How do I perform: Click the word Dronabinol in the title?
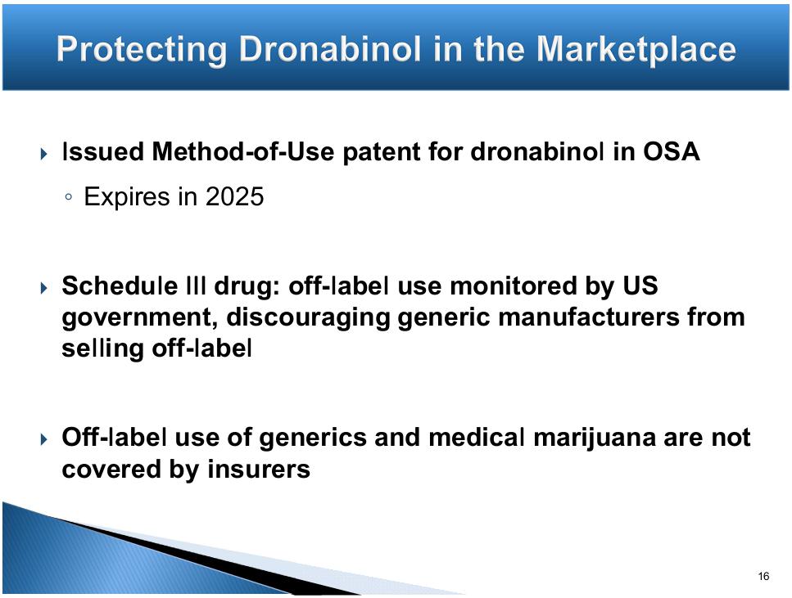click(330, 49)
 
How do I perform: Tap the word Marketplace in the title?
click(636, 50)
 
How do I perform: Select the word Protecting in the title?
click(142, 51)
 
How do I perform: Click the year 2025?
click(234, 196)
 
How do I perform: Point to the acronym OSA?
click(671, 151)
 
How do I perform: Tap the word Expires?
click(127, 197)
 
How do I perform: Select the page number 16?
click(763, 576)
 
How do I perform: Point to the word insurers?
click(259, 470)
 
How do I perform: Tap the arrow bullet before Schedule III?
click(44, 288)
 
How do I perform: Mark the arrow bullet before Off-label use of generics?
click(44, 439)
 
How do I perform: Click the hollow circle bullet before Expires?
click(69, 197)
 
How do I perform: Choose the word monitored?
click(514, 286)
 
